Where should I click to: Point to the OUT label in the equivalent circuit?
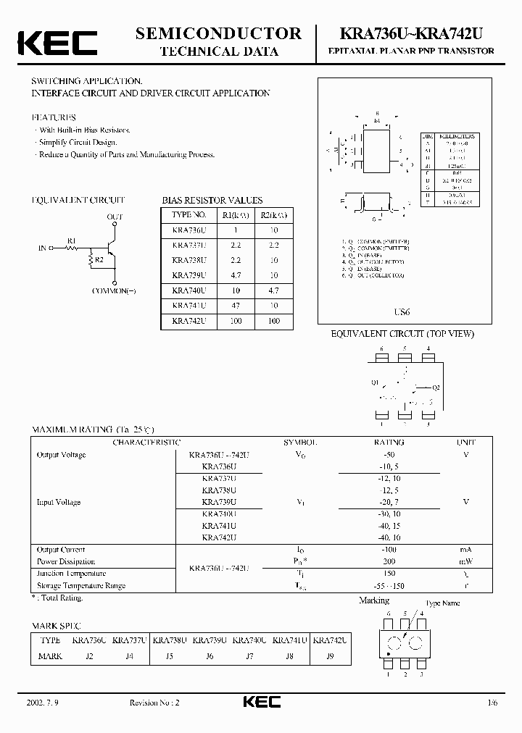point(115,217)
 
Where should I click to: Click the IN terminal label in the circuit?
point(42,248)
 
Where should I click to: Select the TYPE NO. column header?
point(189,215)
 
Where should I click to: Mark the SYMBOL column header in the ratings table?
point(299,442)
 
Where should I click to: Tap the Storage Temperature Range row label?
point(80,585)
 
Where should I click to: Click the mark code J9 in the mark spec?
point(329,655)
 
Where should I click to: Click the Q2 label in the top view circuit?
point(436,388)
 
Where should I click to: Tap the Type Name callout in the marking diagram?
point(442,603)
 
